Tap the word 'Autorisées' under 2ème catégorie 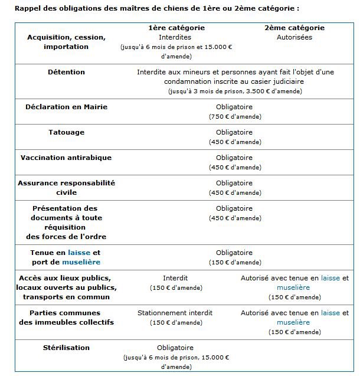click(294, 37)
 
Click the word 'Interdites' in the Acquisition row click(175, 37)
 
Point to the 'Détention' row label click(66, 72)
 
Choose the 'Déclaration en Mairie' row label click(66, 107)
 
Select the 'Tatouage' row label click(66, 132)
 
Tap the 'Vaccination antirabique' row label click(66, 158)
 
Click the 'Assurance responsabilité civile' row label click(66, 188)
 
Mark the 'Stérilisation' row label click(66, 348)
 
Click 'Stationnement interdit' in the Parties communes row click(175, 313)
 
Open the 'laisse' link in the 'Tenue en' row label click(79, 253)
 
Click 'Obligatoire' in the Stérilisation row click(175, 348)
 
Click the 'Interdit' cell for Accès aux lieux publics click(175, 278)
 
